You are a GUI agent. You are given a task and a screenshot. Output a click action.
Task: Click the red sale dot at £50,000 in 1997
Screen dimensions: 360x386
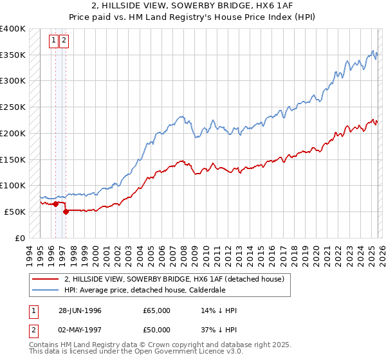pyautogui.click(x=66, y=212)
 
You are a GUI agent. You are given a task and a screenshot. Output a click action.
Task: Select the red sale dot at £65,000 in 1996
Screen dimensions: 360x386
pyautogui.click(x=56, y=204)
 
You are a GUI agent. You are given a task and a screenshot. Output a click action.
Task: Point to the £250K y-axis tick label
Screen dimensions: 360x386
pyautogui.click(x=13, y=107)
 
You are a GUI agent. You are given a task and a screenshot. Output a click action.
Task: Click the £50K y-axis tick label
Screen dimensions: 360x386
pyautogui.click(x=15, y=212)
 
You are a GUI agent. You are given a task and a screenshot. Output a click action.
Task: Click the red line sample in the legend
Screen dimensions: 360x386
pyautogui.click(x=44, y=279)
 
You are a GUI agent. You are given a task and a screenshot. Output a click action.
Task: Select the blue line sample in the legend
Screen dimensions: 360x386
pyautogui.click(x=44, y=290)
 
